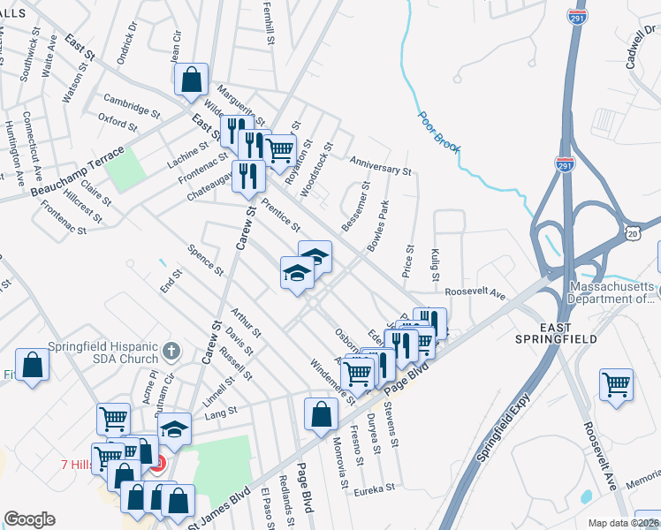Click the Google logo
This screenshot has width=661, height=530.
29,519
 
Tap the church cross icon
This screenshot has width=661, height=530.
172,352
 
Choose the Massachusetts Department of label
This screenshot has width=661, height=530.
612,292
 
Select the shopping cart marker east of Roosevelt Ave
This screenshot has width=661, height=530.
616,385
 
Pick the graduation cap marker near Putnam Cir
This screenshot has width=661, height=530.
175,429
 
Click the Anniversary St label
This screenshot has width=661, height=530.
380,164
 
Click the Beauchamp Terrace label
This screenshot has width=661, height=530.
68,178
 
